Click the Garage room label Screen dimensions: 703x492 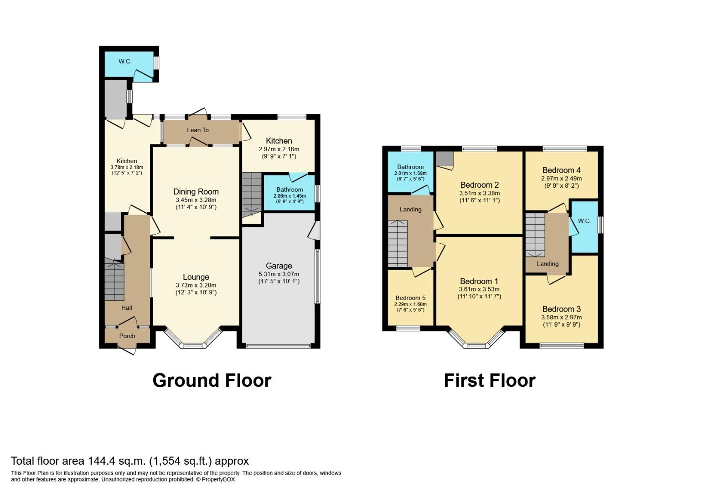coord(279,266)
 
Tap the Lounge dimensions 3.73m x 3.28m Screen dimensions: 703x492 coord(196,285)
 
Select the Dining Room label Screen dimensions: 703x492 coord(196,192)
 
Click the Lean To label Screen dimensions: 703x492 coord(198,130)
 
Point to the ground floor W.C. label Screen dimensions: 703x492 coord(125,61)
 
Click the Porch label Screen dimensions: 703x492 coord(127,336)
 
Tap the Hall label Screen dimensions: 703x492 coord(127,308)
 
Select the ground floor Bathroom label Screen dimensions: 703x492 coord(289,190)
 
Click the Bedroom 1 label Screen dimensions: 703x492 coord(479,281)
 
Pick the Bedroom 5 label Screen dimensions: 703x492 coord(410,298)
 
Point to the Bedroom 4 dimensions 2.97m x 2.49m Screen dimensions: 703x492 coord(561,179)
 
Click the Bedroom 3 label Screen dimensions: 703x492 coord(561,309)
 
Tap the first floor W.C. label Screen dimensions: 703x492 coord(584,221)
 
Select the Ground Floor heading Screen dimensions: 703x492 coord(212,380)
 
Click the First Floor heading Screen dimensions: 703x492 coord(490,380)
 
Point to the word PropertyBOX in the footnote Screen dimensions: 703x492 coord(219,479)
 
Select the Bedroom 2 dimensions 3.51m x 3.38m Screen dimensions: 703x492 coord(479,193)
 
